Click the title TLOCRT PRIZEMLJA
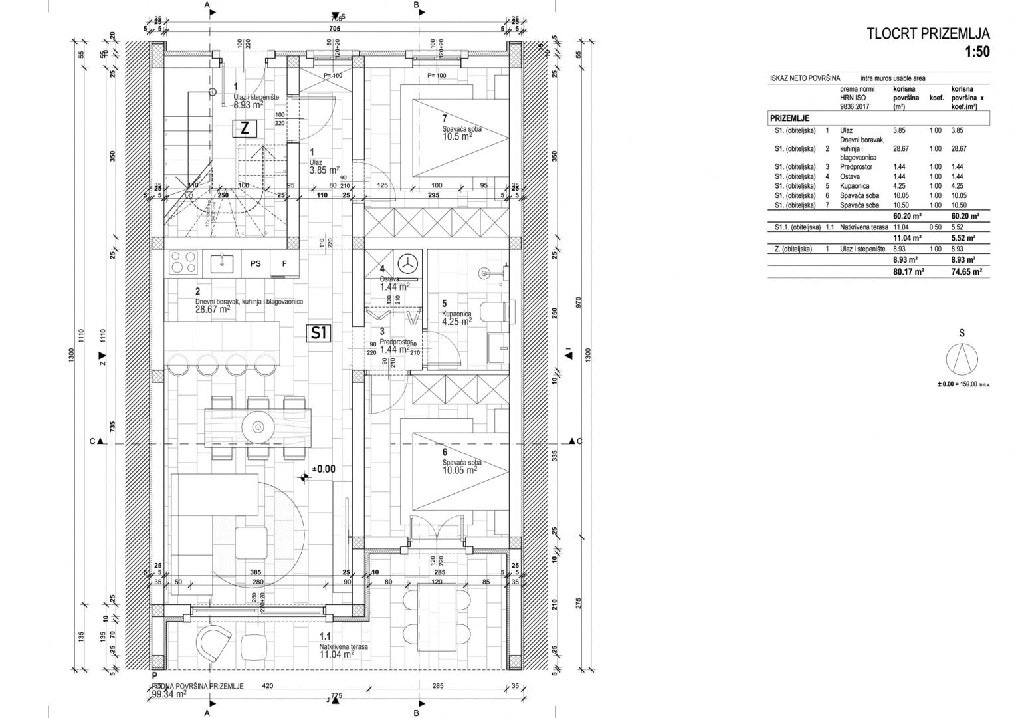928,34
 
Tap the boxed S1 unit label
319,333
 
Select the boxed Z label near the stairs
244,129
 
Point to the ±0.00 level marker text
324,469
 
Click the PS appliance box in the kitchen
255,263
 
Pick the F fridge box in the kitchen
284,263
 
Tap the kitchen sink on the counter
221,263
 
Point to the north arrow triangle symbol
962,360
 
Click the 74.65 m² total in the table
967,272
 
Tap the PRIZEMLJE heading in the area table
789,118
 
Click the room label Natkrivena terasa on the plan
344,646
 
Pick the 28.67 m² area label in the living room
213,309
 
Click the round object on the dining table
256,424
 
